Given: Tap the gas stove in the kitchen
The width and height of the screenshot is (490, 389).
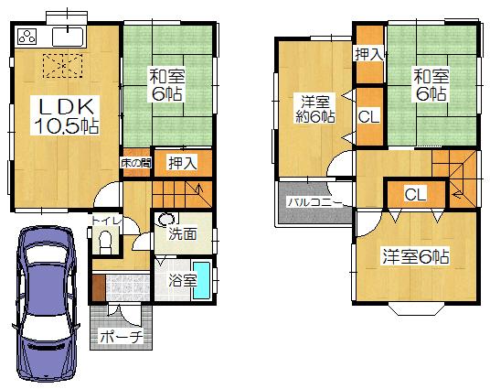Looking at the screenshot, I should (x=27, y=38).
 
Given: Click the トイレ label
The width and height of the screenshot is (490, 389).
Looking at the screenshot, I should (x=101, y=221).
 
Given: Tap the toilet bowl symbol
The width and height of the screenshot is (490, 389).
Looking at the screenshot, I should (x=104, y=243).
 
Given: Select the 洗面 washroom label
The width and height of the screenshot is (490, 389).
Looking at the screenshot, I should (x=181, y=234).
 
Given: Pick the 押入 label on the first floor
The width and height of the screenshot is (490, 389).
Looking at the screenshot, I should (x=182, y=163).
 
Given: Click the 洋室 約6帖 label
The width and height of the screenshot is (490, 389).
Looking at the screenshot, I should (x=313, y=107).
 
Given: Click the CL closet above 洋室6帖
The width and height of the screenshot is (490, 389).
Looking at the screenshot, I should (x=414, y=194).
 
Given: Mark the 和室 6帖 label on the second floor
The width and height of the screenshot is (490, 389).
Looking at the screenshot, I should (x=430, y=84).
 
